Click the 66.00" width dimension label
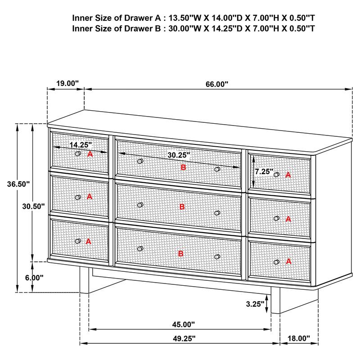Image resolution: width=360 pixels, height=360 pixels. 217,84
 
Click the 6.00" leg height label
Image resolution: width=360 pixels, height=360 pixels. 34,278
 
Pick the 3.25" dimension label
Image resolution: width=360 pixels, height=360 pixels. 255,304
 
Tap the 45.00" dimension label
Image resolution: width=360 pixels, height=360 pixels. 183,324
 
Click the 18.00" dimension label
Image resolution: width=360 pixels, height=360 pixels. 299,338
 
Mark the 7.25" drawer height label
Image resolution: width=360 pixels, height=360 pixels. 264,171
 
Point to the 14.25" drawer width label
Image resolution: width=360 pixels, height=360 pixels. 81,145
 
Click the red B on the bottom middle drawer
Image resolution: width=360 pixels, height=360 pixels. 181,254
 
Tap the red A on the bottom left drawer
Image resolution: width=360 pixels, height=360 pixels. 88,241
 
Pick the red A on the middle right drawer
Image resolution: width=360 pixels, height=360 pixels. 288,219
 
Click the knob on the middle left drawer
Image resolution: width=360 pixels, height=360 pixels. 78,197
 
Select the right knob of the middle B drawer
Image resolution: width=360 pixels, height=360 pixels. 217,213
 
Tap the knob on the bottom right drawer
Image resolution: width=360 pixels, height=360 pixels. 276,261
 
